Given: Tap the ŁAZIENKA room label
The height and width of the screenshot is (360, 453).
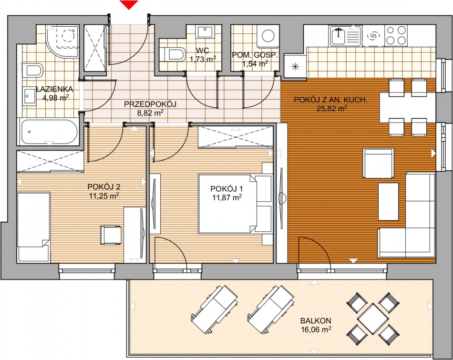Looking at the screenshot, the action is pos(54,89).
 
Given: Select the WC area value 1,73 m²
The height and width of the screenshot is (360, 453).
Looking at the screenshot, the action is pos(203,59).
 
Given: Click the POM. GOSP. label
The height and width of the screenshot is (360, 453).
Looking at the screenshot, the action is pos(255,55).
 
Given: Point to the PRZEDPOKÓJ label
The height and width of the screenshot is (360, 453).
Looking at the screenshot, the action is pos(150,104).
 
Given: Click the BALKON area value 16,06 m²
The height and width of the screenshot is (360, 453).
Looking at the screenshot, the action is pos(316,329).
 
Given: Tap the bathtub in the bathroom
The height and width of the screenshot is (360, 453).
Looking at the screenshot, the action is pos(48,132).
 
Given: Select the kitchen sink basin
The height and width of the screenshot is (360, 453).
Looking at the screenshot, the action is pos(337,36).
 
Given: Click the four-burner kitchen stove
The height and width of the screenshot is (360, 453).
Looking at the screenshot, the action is pos(396,35).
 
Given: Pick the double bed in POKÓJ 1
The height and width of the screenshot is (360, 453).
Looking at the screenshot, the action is pos(235,204).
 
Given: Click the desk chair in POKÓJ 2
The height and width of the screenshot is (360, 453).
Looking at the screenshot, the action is pos(111,235).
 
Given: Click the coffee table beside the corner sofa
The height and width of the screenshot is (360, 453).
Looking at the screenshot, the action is pos(389,202).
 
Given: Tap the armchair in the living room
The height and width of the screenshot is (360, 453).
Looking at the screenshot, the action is pos(378,164).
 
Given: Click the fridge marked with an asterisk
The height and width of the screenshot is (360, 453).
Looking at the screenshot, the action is pos(295,66).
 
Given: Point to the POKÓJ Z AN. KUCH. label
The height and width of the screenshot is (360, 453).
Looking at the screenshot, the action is pos(330,100).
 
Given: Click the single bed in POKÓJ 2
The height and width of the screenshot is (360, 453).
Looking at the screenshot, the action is pos(33,227).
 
